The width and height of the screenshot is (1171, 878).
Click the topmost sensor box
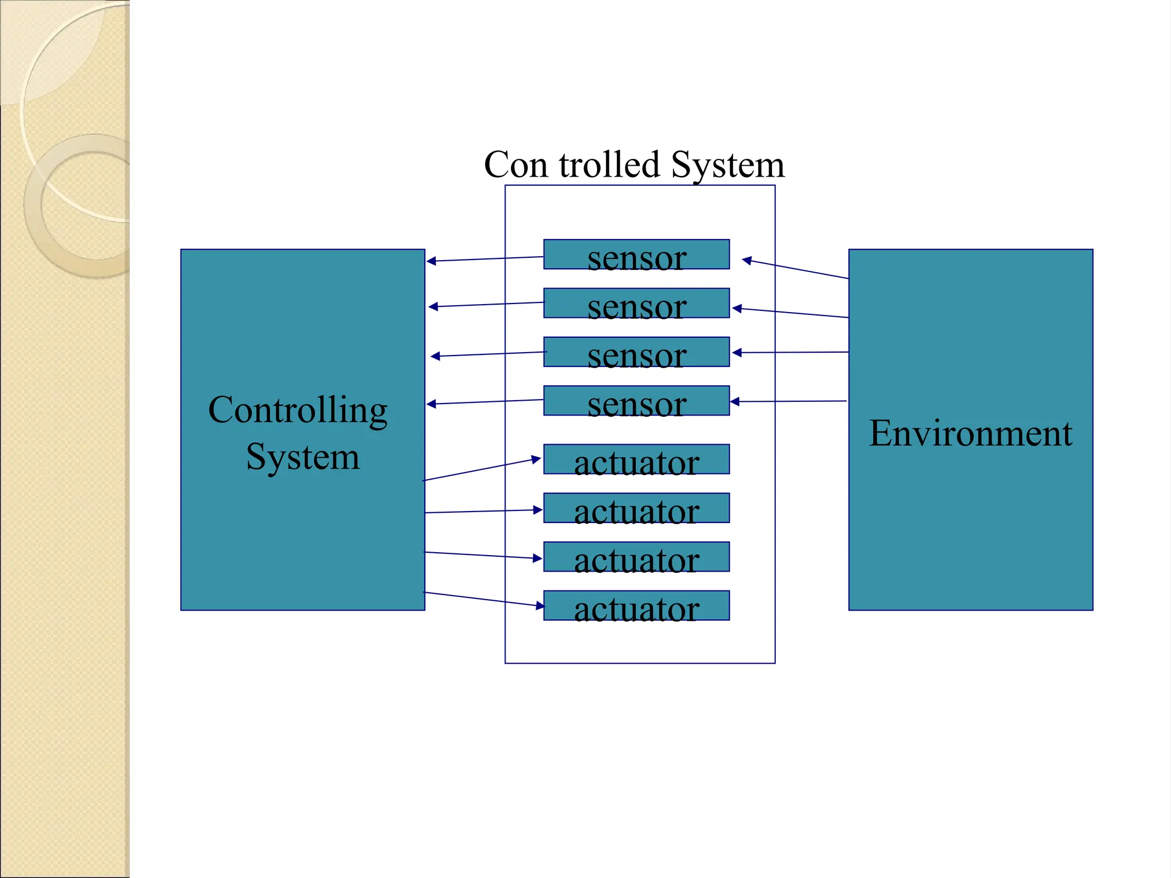[x=636, y=254]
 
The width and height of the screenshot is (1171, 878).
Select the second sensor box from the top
[x=636, y=303]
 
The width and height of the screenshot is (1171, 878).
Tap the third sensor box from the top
[x=636, y=352]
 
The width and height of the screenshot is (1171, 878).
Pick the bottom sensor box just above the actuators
[x=636, y=401]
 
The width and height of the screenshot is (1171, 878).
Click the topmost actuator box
[x=636, y=459]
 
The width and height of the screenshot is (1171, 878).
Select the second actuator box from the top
[x=636, y=508]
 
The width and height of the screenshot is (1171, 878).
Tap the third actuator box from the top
[x=636, y=557]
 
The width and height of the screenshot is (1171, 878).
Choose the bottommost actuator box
[x=636, y=605]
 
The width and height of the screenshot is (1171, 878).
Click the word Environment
[x=970, y=433]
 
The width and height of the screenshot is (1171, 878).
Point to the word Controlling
[x=298, y=410]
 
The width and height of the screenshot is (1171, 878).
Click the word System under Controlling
[x=303, y=457]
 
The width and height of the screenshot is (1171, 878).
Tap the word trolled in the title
[x=610, y=165]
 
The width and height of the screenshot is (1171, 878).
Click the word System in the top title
[x=727, y=165]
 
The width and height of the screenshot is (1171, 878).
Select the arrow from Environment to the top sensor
[x=795, y=269]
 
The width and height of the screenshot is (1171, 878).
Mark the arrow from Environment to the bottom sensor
[x=789, y=401]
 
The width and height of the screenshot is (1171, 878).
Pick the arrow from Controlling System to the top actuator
[x=481, y=469]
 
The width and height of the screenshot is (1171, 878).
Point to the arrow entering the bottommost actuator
[x=484, y=599]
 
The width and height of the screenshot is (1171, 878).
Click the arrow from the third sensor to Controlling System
[x=488, y=354]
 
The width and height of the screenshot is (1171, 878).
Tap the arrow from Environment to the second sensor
[x=790, y=313]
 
